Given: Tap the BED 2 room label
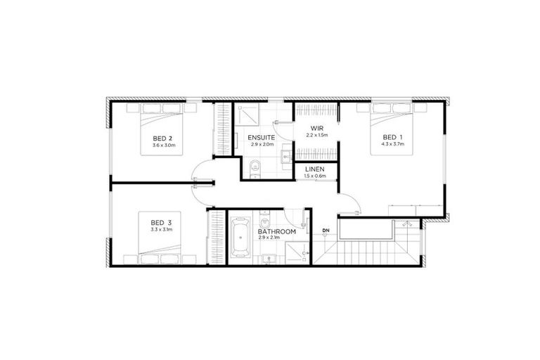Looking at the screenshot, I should coord(163,138).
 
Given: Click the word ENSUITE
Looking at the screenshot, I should coord(260,137).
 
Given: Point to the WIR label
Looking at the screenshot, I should coord(316,129).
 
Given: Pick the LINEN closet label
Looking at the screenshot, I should coord(314,169).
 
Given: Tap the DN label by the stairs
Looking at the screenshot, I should coord(326,231).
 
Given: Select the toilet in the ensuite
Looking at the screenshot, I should coord(255,166).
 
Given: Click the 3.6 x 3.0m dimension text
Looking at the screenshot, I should coord(163,146).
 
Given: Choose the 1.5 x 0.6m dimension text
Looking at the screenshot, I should coord(314,176).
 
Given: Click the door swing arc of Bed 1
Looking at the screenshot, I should coord(349,204).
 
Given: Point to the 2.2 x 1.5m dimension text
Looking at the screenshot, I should coord(316,136).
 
